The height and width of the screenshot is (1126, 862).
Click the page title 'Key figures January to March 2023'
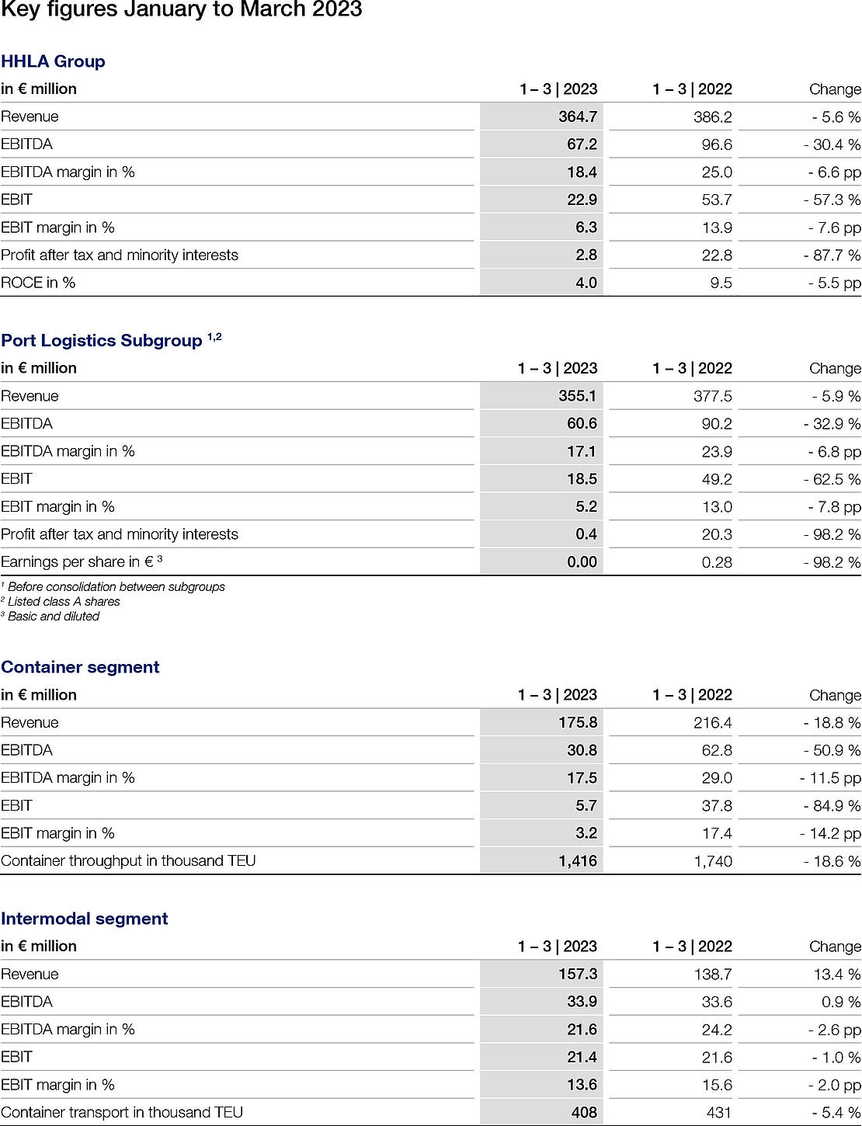[x=182, y=10]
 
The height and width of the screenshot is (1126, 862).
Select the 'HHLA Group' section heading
[x=53, y=61]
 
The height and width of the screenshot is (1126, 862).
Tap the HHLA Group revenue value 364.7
[x=578, y=116]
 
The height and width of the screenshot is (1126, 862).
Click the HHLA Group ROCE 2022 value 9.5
[x=721, y=283]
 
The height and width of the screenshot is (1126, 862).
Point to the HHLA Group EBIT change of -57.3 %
[x=832, y=200]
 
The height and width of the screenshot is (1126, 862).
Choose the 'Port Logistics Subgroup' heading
[x=102, y=341]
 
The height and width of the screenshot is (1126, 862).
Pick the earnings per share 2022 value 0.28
[x=717, y=562]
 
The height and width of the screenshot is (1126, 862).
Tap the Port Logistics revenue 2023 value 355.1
[x=577, y=396]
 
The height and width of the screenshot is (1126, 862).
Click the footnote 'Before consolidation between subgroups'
[x=116, y=587]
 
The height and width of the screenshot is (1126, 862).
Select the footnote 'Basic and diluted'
[x=53, y=617]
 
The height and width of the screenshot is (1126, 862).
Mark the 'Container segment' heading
[x=80, y=667]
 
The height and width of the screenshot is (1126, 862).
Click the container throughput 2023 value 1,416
[x=578, y=860]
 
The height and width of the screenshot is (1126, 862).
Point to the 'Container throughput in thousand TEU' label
[x=128, y=860]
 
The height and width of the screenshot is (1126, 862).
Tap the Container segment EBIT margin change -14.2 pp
[x=830, y=833]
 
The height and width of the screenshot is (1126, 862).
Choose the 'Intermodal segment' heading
[x=84, y=919]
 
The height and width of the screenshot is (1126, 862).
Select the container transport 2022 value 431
[x=719, y=1113]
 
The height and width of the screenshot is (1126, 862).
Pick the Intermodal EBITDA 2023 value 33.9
[x=582, y=1002]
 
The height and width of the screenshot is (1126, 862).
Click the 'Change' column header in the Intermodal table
[x=835, y=947]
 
